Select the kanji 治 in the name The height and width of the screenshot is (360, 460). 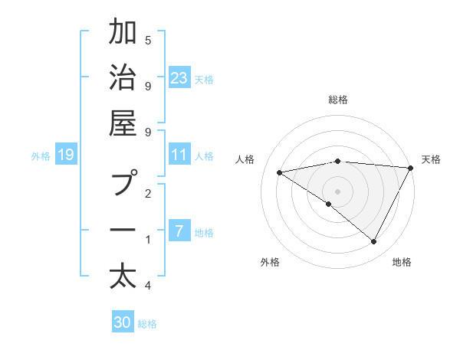click(x=123, y=79)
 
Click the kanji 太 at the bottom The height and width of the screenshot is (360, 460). click(x=123, y=277)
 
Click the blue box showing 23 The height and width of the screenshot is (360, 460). click(x=179, y=77)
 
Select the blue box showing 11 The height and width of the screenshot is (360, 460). click(x=179, y=155)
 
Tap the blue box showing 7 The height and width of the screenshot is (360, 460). click(x=179, y=231)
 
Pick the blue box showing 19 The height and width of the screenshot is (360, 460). click(x=65, y=155)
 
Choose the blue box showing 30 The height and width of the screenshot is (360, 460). click(x=123, y=322)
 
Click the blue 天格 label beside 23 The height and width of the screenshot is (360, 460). click(x=204, y=79)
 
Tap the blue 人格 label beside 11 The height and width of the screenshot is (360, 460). click(x=204, y=156)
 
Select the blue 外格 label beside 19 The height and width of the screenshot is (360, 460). click(x=41, y=156)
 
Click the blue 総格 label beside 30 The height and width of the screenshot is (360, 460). click(x=147, y=324)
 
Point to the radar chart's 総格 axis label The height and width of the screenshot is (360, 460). click(x=338, y=100)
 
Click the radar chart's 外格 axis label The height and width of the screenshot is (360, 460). click(x=270, y=262)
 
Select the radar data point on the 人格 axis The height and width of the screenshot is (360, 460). click(x=280, y=172)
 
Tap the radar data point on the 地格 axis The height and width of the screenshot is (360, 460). click(x=373, y=241)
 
